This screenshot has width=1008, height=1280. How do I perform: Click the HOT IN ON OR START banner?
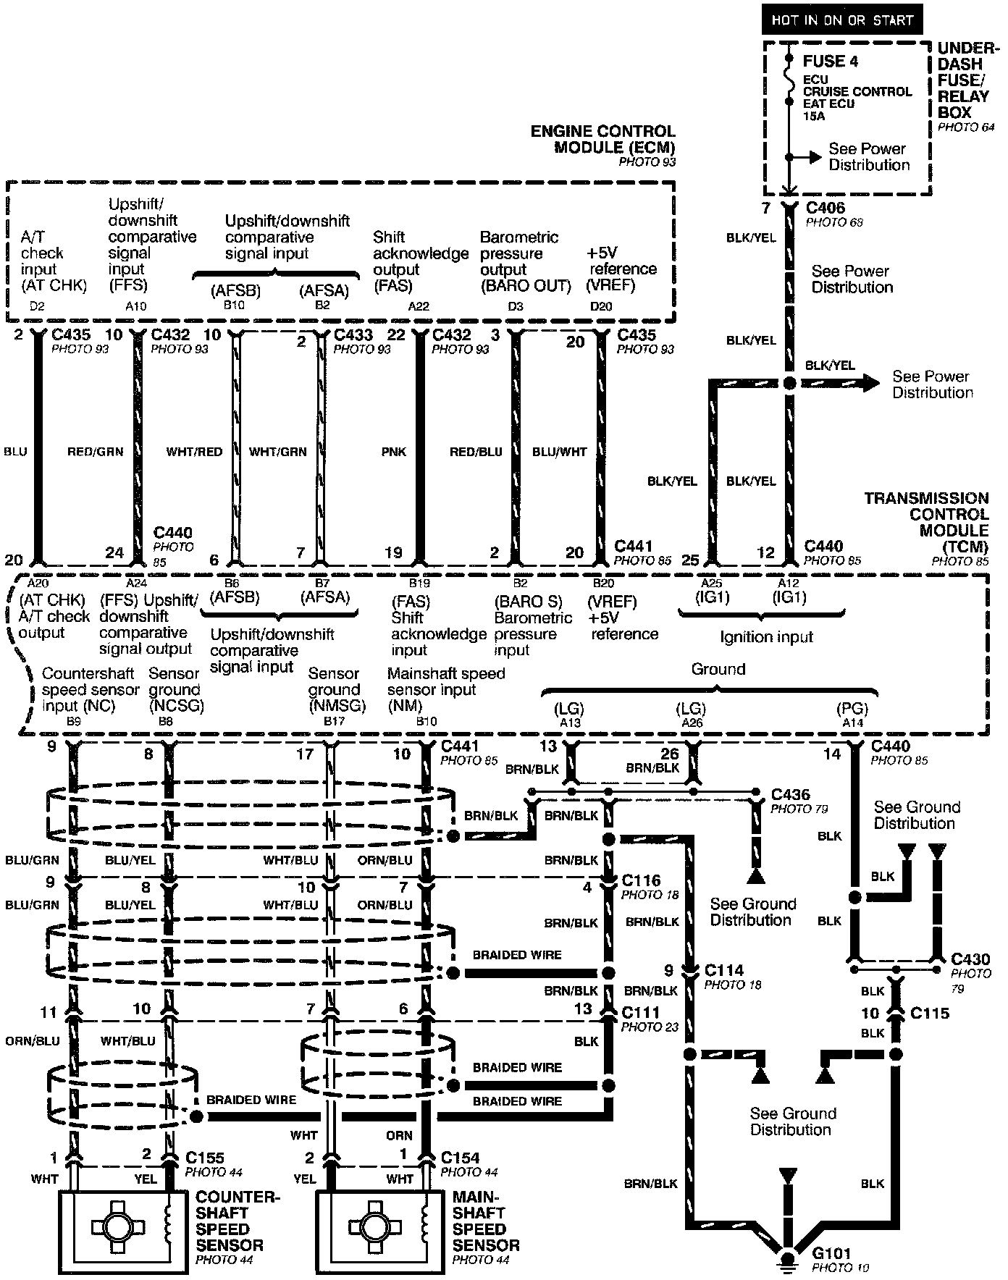841,20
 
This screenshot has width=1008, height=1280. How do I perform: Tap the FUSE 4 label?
831,62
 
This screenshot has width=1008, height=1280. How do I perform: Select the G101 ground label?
831,1253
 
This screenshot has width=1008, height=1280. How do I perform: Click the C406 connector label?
826,209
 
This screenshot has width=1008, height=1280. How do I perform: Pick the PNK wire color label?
393,452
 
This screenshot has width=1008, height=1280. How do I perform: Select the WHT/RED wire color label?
194,452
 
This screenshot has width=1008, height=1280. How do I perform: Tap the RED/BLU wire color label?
476,452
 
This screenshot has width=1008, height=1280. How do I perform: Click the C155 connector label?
204,1158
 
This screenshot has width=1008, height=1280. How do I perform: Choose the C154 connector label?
460,1158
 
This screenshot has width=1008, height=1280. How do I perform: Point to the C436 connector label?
791,795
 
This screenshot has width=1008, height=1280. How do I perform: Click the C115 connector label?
930,1013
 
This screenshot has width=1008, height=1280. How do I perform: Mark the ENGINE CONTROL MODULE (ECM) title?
603,139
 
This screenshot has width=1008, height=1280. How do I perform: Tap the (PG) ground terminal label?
852,709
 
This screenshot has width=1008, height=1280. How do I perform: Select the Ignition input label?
766,637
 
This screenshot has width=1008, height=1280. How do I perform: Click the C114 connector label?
724,970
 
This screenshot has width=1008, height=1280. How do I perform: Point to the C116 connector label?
642,880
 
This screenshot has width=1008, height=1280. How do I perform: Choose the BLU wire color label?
15,452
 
